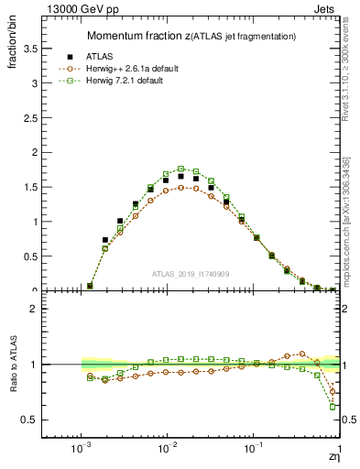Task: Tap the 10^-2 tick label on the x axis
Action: pos(167,452)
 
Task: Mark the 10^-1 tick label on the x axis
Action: pos(253,452)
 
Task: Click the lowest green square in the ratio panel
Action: pos(333,407)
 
